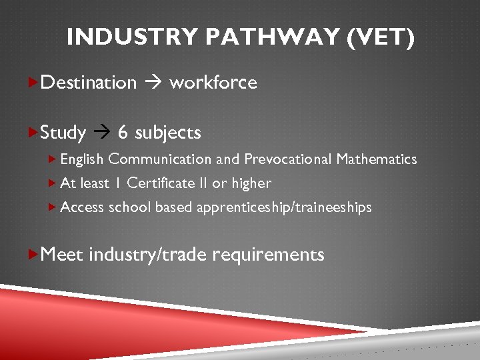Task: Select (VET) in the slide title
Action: pyautogui.click(x=381, y=37)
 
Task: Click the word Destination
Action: pyautogui.click(x=89, y=83)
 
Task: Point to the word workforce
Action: pyautogui.click(x=213, y=83)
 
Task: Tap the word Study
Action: pyautogui.click(x=63, y=133)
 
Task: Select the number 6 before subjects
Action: pyautogui.click(x=123, y=133)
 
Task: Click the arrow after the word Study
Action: pyautogui.click(x=101, y=133)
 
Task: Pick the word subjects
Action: pyautogui.click(x=167, y=133)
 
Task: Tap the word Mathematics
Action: pyautogui.click(x=377, y=159)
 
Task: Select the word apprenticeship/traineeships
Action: pyautogui.click(x=284, y=207)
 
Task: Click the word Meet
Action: pyautogui.click(x=62, y=254)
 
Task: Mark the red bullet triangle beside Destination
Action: pyautogui.click(x=35, y=82)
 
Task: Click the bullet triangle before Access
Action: pyautogui.click(x=53, y=207)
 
